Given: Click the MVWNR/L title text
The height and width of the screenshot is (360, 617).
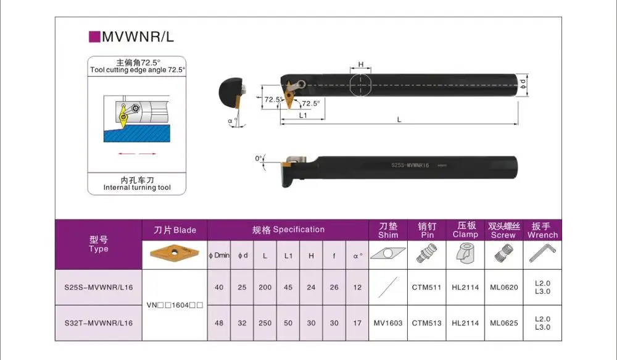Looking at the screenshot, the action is (x=138, y=36).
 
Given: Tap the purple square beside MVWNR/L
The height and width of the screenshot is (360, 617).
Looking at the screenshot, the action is (x=95, y=36).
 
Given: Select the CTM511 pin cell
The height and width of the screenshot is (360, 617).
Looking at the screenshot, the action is (x=426, y=287).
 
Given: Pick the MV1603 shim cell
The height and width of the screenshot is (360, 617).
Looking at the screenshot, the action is (x=388, y=323).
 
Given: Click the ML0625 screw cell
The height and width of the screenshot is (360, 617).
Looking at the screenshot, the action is (x=503, y=323).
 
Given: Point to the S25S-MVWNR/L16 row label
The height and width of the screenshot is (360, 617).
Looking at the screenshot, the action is (x=99, y=287).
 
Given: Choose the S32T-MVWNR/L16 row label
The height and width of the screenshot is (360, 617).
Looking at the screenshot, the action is (x=99, y=323).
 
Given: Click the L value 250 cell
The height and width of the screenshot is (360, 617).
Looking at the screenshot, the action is (x=265, y=323).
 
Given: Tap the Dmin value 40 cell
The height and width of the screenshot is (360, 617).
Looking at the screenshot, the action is (x=218, y=287).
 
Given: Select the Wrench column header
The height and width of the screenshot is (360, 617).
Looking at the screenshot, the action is (x=542, y=230).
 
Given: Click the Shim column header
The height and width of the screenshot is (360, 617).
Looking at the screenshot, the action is (x=388, y=230).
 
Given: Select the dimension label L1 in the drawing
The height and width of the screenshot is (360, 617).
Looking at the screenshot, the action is (x=304, y=115).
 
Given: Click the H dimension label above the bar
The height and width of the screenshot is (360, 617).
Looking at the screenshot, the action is (x=360, y=64).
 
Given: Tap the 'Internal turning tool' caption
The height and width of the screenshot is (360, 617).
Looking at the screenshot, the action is (x=137, y=187).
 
